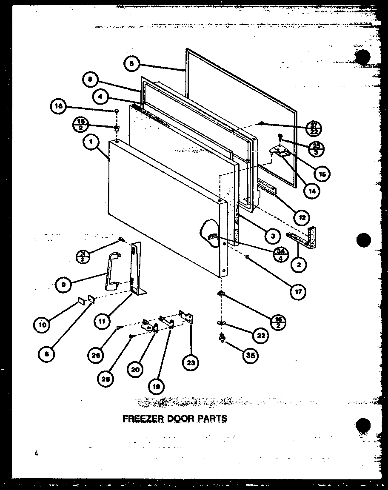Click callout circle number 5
click(132, 64)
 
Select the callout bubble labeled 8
click(91, 79)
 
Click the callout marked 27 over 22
click(315, 127)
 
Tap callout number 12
click(302, 217)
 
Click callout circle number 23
click(191, 363)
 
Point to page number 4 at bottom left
click(37, 453)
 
